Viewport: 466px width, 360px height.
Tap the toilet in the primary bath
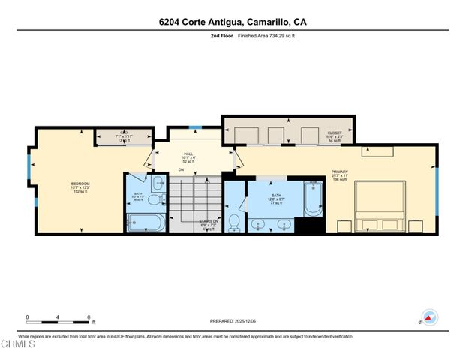(235, 220)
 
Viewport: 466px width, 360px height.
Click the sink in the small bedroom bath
(159, 183)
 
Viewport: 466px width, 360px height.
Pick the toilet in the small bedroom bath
(152, 200)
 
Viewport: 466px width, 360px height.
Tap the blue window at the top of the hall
(194, 127)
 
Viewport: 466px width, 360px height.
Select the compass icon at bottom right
(429, 317)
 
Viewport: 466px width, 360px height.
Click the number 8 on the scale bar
(89, 316)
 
